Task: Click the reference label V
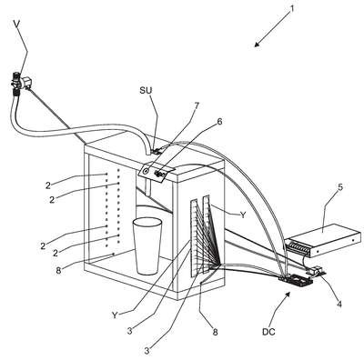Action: [17, 24]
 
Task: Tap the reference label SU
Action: [146, 90]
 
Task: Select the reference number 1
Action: [292, 8]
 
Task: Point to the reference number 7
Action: [197, 106]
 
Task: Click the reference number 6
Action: [219, 122]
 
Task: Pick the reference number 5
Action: [340, 187]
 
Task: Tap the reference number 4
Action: [339, 304]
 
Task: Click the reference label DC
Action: [268, 332]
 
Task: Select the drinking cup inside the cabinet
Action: [147, 245]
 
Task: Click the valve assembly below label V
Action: [21, 82]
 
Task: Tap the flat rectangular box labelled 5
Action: [323, 240]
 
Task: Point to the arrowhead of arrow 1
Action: [257, 45]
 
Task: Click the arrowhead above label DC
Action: [288, 294]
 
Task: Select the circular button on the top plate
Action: [146, 171]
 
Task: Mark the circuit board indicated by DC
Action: [297, 280]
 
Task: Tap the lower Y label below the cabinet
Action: [115, 315]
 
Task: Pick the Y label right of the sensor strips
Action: [243, 215]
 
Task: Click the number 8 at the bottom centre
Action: [215, 332]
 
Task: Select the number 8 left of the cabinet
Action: [58, 270]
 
